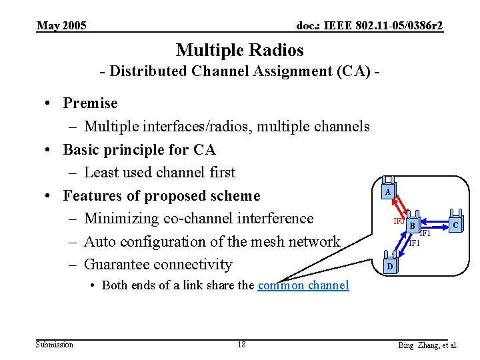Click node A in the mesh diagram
coord(387,192)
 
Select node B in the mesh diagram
coord(413,226)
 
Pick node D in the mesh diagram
coord(389,267)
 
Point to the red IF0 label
coord(399,221)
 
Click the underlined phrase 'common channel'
coord(303,285)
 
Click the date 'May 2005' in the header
coord(61,26)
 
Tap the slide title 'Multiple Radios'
coord(239,50)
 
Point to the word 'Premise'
coord(90,103)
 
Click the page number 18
coord(241,345)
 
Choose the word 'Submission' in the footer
coord(55,345)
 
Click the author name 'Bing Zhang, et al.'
coord(427,345)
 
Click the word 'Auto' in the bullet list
coord(101,241)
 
